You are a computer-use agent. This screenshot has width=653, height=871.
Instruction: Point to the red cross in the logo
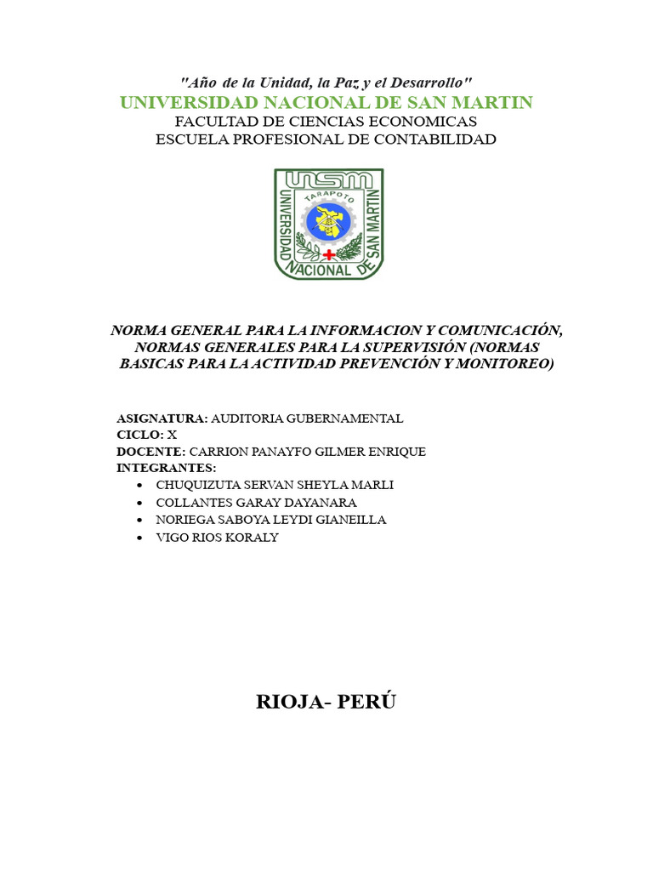point(329,253)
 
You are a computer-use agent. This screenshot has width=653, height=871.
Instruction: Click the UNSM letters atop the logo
point(328,179)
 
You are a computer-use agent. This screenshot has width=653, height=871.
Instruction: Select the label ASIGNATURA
point(162,418)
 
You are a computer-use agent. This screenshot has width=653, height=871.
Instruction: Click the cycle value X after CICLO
point(172,435)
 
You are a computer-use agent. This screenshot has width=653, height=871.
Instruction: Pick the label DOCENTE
point(150,452)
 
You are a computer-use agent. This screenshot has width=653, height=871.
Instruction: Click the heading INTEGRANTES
point(167,468)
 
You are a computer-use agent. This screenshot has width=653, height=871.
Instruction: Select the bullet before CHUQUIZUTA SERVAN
point(139,485)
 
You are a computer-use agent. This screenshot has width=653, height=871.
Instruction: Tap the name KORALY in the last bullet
point(250,538)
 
